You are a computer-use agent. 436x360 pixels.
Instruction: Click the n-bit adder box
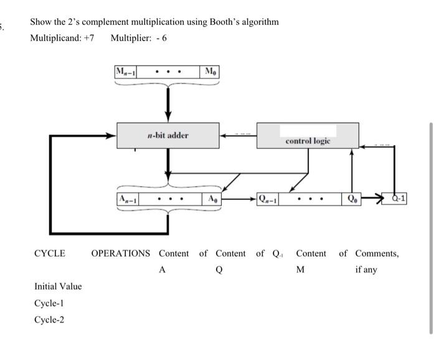tap(168, 135)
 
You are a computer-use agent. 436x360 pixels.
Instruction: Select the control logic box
tap(308, 135)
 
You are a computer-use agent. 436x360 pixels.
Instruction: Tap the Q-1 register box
tap(397, 198)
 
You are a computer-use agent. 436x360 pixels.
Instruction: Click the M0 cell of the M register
tap(211, 72)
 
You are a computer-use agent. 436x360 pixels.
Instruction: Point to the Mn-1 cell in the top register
tap(126, 72)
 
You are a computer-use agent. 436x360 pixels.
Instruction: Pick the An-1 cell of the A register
tap(128, 199)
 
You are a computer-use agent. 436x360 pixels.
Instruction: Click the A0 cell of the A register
tap(212, 199)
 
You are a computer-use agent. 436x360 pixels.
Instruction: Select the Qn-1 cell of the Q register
tap(269, 199)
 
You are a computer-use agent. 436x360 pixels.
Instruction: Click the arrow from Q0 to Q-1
tap(374, 199)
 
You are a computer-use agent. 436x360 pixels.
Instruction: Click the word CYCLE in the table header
tap(50, 253)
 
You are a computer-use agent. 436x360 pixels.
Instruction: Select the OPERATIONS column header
tap(121, 253)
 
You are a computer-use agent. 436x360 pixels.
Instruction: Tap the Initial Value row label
tap(58, 287)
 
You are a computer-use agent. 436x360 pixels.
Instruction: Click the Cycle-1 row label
tap(49, 303)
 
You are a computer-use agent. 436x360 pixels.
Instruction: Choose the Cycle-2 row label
tap(49, 320)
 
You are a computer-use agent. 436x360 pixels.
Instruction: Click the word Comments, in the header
tap(377, 253)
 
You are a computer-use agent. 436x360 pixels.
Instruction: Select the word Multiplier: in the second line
tap(129, 38)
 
